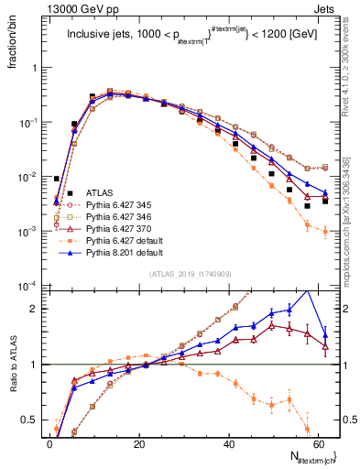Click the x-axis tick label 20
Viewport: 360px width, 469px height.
[139, 443]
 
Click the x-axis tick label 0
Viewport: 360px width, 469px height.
[49, 443]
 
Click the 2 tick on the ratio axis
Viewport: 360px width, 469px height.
[37, 309]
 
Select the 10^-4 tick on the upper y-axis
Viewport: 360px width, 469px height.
[29, 286]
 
